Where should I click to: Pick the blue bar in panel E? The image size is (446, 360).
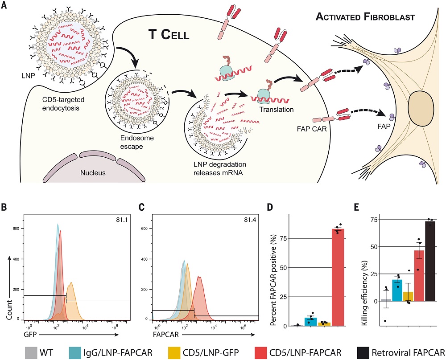[396, 290]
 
